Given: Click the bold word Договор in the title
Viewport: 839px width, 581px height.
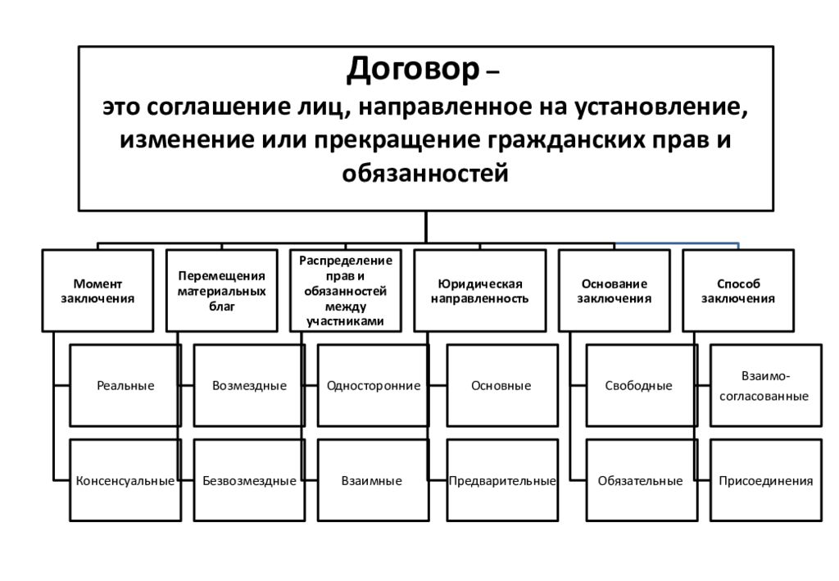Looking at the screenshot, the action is click(x=413, y=70).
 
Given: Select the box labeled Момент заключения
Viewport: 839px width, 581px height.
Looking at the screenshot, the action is click(x=98, y=290).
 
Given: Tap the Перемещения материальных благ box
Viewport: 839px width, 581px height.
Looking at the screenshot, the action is click(x=221, y=290).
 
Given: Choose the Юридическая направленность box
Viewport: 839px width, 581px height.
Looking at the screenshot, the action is click(x=480, y=290).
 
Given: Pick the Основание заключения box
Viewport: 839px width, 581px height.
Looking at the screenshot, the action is click(x=615, y=290).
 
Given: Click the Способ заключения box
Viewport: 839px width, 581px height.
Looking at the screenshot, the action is click(x=738, y=290).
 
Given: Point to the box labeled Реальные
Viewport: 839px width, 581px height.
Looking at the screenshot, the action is click(x=125, y=385).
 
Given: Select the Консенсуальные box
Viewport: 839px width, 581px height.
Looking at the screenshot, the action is click(x=125, y=480).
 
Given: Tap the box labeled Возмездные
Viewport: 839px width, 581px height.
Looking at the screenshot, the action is click(x=249, y=385).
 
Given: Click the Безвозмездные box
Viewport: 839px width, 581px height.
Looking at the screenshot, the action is click(x=249, y=480).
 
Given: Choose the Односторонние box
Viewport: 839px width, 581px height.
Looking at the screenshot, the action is click(x=373, y=385).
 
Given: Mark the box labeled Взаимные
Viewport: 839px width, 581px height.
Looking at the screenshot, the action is click(x=373, y=480).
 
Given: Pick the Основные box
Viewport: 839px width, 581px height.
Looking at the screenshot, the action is click(x=502, y=385).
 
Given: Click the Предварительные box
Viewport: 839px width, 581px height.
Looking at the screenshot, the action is click(x=502, y=480).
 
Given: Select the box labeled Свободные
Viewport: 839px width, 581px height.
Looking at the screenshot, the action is click(x=642, y=385).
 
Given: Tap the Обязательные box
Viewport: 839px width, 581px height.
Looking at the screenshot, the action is click(x=642, y=480).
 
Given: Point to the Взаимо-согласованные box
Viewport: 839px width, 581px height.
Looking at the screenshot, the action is click(x=766, y=385).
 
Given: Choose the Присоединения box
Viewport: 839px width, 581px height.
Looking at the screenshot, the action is click(x=766, y=480).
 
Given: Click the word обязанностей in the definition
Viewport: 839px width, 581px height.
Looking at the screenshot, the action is click(x=425, y=174).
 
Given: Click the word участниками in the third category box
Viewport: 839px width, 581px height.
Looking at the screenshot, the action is click(x=345, y=321).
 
